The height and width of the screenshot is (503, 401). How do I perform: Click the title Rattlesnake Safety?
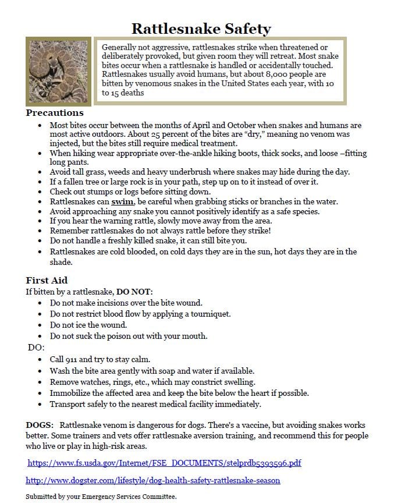pos(201,28)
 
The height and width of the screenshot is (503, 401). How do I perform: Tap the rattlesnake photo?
pos(58,71)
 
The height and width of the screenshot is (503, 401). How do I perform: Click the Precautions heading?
pos(55,113)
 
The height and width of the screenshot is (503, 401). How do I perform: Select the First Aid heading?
pos(47,280)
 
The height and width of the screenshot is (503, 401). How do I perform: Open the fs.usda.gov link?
pos(164,463)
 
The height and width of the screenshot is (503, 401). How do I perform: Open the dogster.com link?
pos(153,480)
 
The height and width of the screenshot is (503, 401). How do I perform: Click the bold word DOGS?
pos(40,426)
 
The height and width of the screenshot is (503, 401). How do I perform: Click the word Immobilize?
pos(72,393)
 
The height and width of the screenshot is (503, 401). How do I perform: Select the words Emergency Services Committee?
pos(138,497)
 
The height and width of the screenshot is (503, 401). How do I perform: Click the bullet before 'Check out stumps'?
pos(40,192)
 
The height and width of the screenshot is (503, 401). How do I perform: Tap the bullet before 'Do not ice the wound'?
pos(40,325)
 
